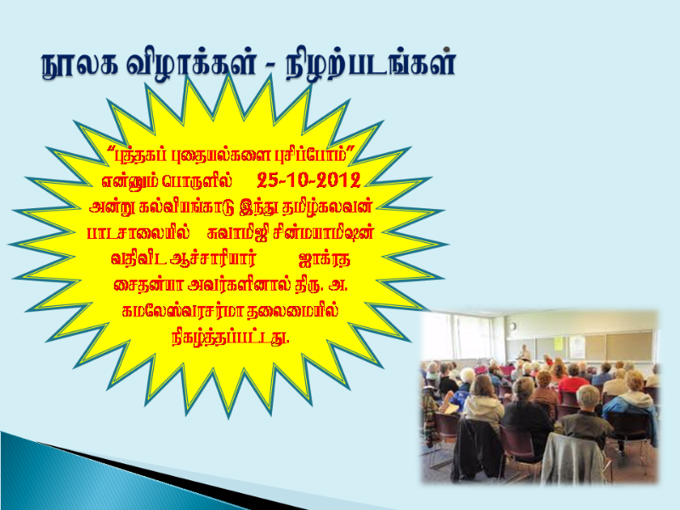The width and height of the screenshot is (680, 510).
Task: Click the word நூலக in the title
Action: [80, 65]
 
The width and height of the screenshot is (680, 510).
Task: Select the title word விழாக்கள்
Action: [190, 65]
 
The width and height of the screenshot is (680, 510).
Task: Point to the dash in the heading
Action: [269, 67]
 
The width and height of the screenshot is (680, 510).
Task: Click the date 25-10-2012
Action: [309, 180]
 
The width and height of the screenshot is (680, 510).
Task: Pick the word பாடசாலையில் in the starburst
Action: [139, 233]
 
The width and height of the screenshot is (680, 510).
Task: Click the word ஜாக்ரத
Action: [325, 259]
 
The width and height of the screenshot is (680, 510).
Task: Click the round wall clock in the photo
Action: [513, 326]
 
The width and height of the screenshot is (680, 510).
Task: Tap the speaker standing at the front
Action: [524, 354]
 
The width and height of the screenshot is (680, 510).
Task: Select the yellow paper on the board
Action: [558, 343]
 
